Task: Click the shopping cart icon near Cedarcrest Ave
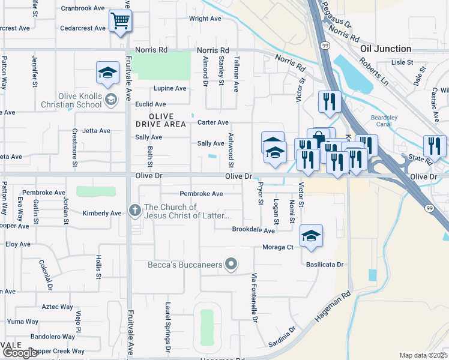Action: [121, 21]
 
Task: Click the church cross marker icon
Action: [135, 211]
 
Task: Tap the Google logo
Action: [19, 353]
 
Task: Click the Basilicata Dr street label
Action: [324, 264]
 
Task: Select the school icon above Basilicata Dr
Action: [311, 236]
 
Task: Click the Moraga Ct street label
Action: [277, 247]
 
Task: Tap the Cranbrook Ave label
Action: [82, 8]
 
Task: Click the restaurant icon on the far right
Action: [435, 146]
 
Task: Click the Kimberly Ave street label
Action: [102, 213]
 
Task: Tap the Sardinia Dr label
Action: [284, 337]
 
